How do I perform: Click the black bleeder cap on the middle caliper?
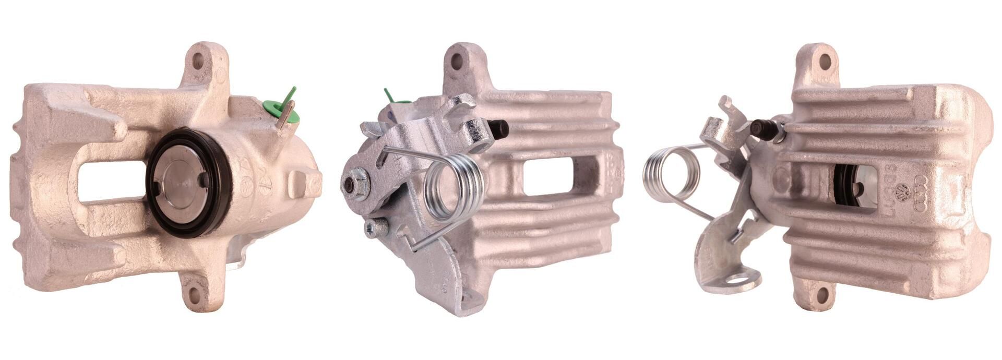pyautogui.click(x=500, y=129)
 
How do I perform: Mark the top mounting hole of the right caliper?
pyautogui.click(x=825, y=62)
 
